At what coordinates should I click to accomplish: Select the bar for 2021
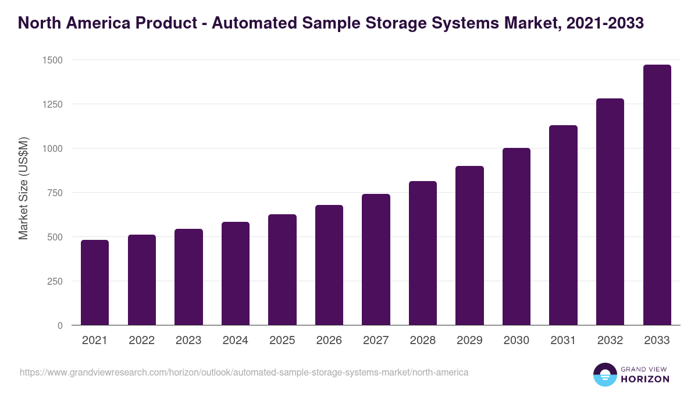(x=95, y=282)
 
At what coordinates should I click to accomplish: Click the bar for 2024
(x=236, y=274)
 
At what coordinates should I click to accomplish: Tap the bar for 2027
(x=376, y=260)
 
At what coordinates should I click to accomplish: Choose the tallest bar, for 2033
(x=657, y=195)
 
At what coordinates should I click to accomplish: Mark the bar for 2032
(x=610, y=212)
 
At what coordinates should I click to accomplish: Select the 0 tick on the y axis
(x=60, y=325)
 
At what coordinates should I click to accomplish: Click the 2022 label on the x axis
(x=142, y=341)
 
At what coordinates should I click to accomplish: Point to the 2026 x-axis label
(x=329, y=341)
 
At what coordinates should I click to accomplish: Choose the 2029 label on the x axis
(x=469, y=341)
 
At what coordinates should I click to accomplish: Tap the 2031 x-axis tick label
(x=563, y=341)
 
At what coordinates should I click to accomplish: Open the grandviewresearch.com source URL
(x=244, y=372)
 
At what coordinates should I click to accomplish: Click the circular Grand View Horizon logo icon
(x=605, y=375)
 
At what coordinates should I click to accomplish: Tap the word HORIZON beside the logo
(x=645, y=379)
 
